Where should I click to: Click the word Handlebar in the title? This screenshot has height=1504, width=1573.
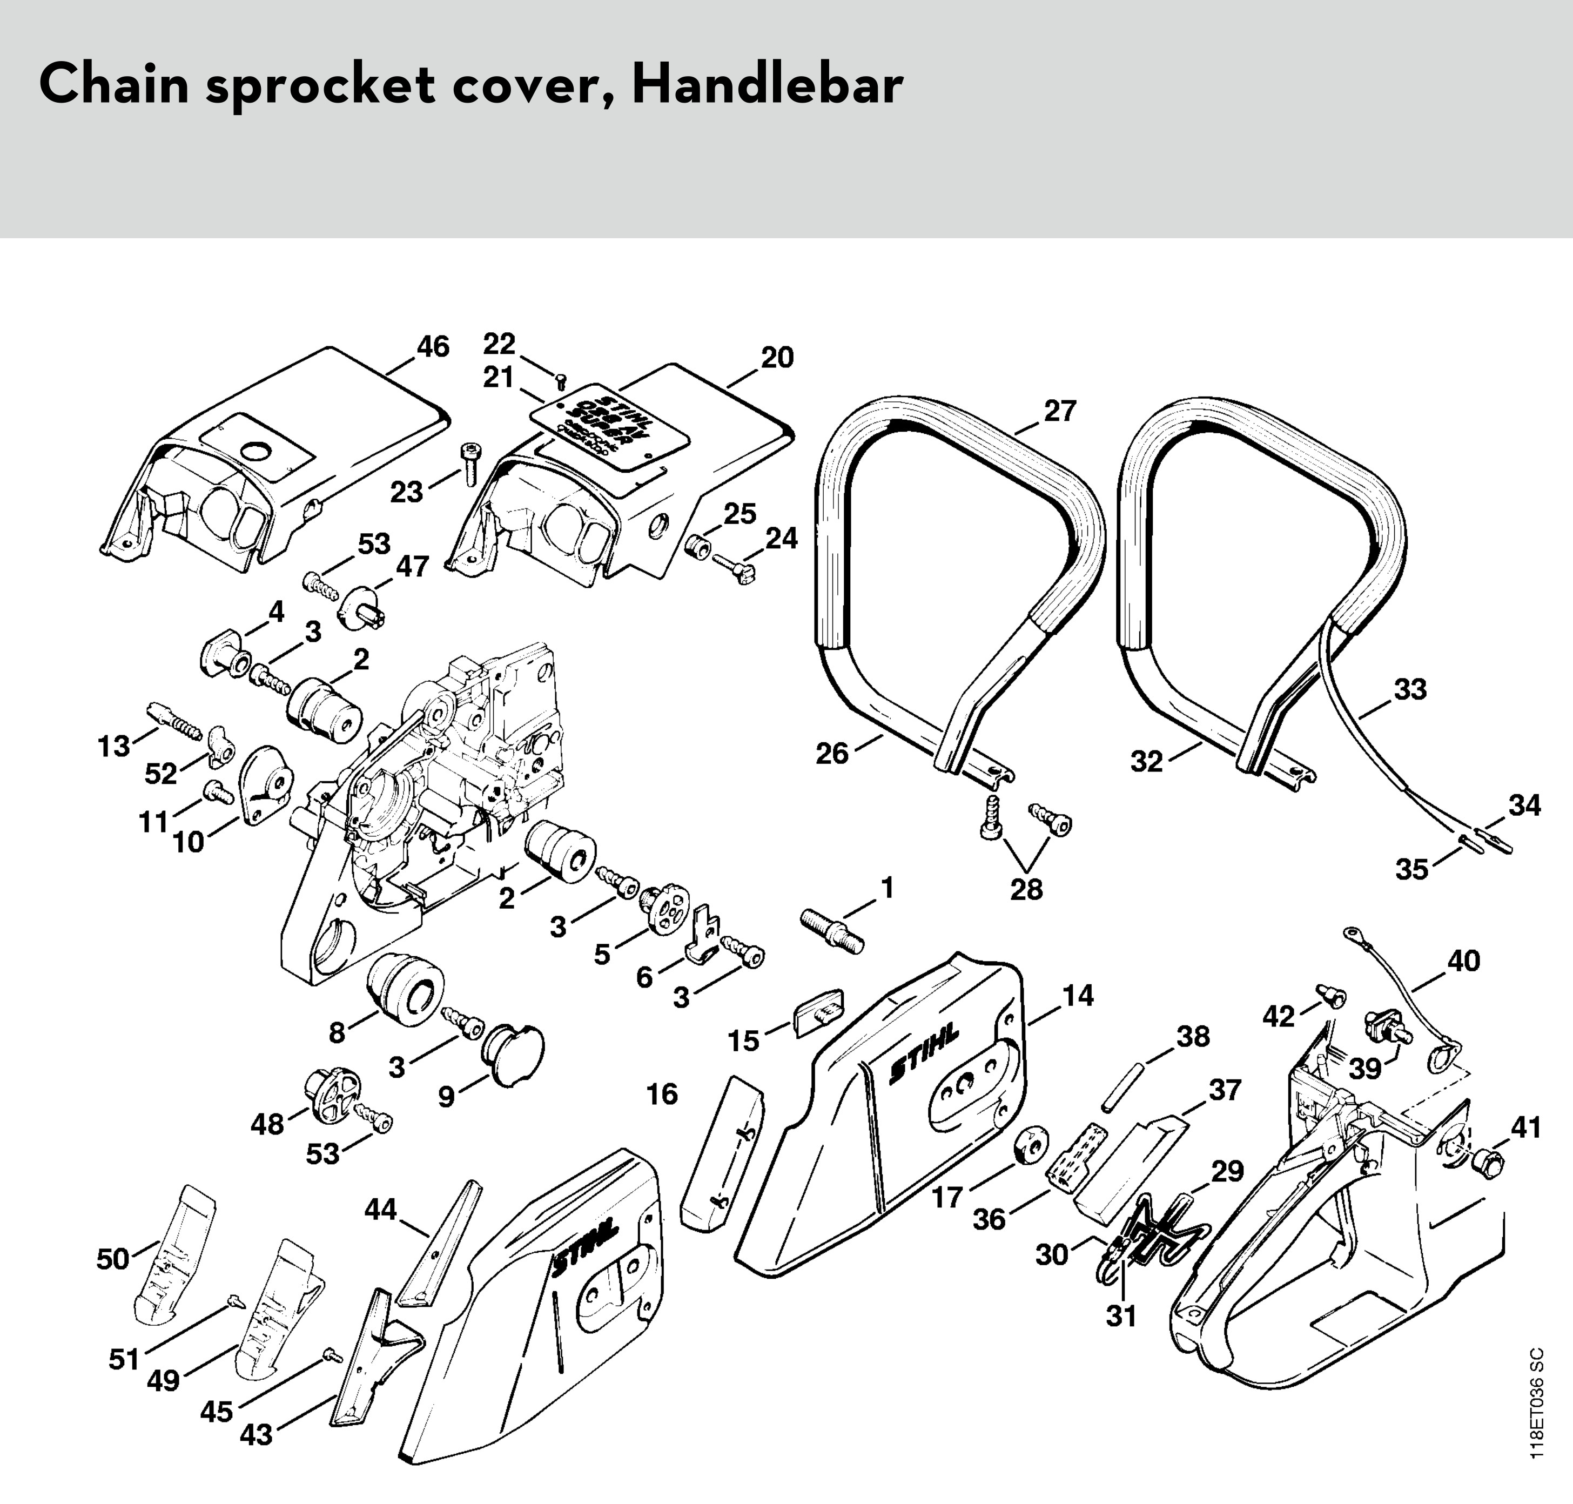coord(767,86)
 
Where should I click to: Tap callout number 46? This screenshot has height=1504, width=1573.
coord(433,347)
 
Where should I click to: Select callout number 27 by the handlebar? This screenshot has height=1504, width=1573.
coord(1059,411)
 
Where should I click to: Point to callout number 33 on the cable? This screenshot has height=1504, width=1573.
coord(1410,689)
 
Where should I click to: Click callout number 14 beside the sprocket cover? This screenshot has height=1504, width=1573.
coord(1078,996)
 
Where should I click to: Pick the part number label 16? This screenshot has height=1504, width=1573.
coord(662,1095)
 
